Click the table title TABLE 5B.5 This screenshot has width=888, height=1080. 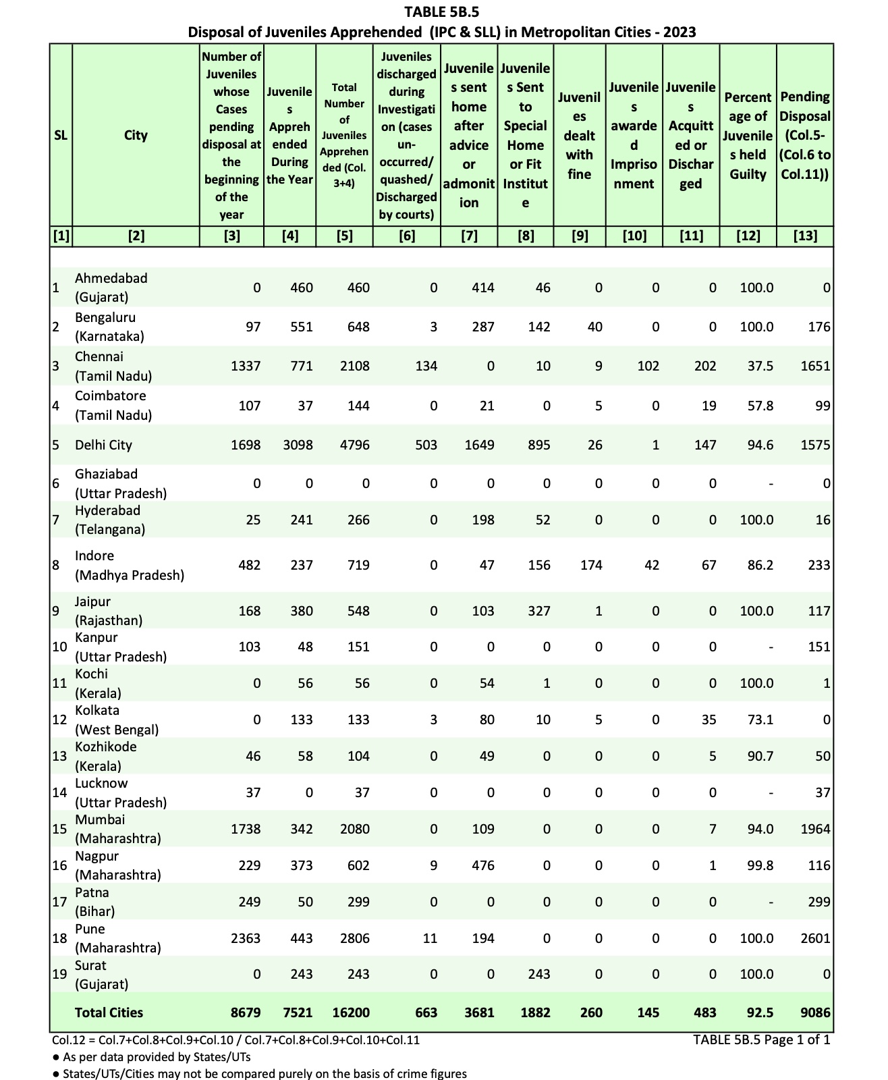tap(442, 11)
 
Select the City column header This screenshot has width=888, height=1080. tap(136, 135)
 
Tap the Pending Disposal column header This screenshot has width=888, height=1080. tap(805, 135)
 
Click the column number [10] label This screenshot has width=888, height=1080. tap(634, 236)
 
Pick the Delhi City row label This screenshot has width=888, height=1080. tap(103, 445)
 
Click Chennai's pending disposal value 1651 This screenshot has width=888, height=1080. tap(815, 366)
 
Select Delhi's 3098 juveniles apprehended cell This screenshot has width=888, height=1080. tap(297, 445)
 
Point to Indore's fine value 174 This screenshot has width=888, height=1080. tap(591, 565)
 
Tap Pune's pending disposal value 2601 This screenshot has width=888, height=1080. tap(815, 938)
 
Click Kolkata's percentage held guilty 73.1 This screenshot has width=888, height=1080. tap(760, 720)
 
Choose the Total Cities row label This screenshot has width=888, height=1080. tap(109, 1013)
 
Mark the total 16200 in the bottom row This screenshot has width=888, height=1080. tap(351, 1013)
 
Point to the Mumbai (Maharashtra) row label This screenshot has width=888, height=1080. tap(117, 829)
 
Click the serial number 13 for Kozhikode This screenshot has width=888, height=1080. tap(59, 756)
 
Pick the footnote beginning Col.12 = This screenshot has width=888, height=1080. tap(235, 1040)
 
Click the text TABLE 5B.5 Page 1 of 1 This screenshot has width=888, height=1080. tap(761, 1039)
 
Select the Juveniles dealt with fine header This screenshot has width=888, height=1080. tap(579, 135)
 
